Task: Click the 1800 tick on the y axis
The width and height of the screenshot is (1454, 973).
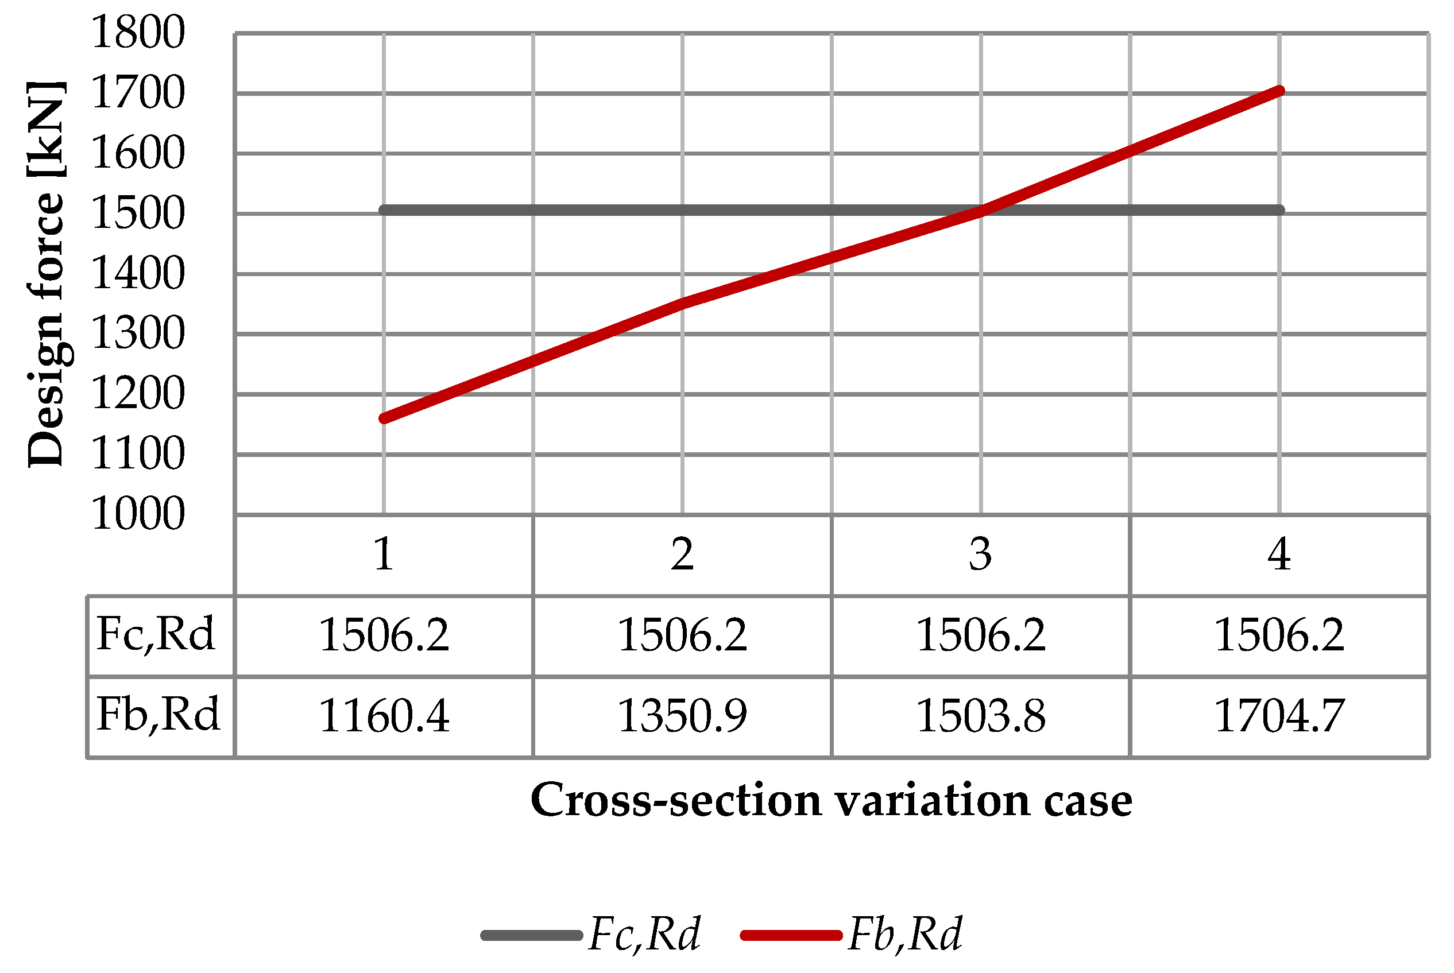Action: pyautogui.click(x=138, y=32)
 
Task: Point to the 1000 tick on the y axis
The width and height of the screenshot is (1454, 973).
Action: pyautogui.click(x=138, y=514)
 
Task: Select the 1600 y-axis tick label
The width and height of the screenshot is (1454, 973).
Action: pyautogui.click(x=138, y=153)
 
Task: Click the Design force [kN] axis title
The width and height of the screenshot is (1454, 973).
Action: pyautogui.click(x=47, y=273)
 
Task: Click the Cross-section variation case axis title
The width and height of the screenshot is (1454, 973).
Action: pyautogui.click(x=831, y=800)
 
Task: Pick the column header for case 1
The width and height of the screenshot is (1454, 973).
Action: pyautogui.click(x=383, y=554)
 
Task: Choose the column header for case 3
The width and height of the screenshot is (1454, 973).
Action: pyautogui.click(x=980, y=554)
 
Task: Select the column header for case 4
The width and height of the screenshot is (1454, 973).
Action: pyautogui.click(x=1278, y=554)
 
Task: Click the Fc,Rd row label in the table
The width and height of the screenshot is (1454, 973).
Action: pyautogui.click(x=156, y=634)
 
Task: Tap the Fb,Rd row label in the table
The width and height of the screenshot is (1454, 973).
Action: pyautogui.click(x=158, y=714)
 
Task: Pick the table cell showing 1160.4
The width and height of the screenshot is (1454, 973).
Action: pyautogui.click(x=384, y=715)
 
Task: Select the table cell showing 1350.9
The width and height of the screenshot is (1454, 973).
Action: pyautogui.click(x=682, y=715)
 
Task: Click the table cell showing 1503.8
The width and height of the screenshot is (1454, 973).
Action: pyautogui.click(x=980, y=715)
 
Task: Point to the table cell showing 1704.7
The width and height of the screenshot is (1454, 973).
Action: pyautogui.click(x=1278, y=715)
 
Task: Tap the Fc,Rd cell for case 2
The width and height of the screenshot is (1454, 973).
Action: pyautogui.click(x=682, y=635)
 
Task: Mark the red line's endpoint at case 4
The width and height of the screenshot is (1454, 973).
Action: pyautogui.click(x=1279, y=91)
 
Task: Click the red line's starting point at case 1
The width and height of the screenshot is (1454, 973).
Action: pyautogui.click(x=384, y=418)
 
